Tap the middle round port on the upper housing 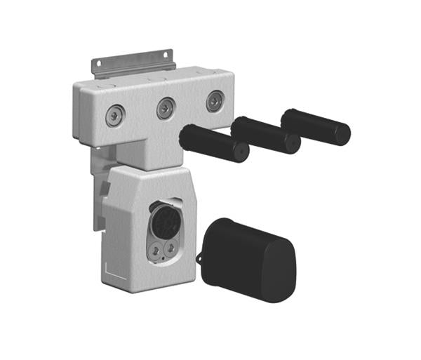click(166, 108)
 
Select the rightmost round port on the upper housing click(215, 101)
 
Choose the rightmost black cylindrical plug click(314, 126)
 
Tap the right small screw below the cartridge click(171, 248)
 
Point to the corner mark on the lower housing click(106, 269)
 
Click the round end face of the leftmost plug click(241, 151)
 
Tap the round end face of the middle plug click(292, 143)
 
